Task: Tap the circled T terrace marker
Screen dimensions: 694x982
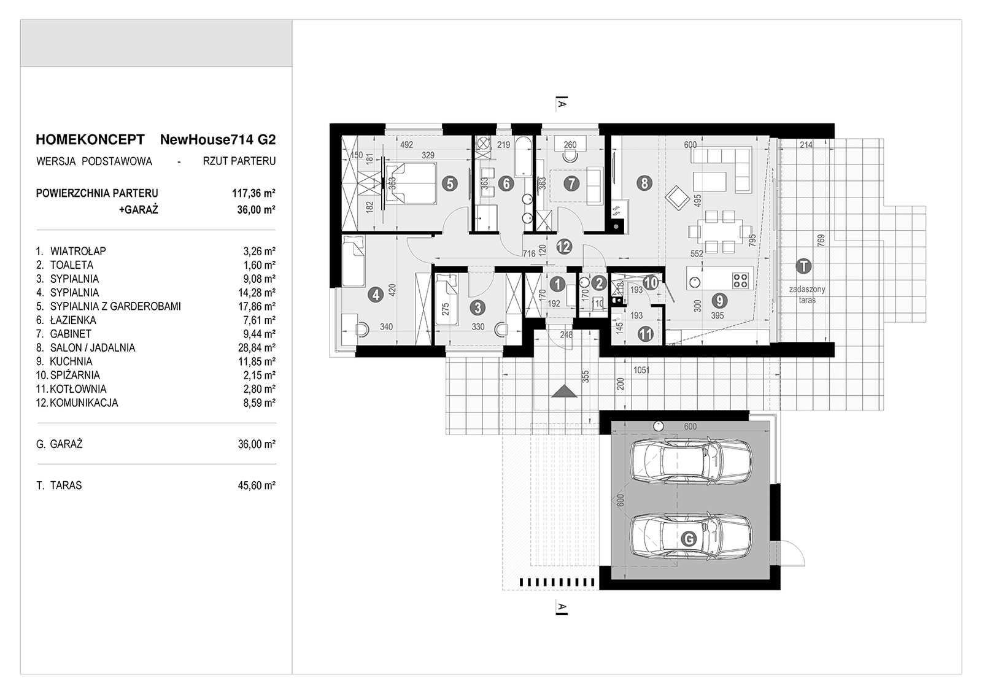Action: pos(802,266)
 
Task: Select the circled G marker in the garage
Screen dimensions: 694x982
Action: pos(689,539)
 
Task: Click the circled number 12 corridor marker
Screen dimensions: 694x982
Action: pos(564,247)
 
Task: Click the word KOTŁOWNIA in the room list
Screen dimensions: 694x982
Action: pos(78,389)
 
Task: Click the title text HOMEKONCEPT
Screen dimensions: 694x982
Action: pos(90,139)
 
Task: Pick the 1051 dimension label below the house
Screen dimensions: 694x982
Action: pos(641,370)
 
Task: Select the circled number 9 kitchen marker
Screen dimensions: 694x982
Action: pos(719,301)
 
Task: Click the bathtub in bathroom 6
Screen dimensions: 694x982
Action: pos(523,158)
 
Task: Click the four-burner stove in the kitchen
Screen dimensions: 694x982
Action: pos(741,280)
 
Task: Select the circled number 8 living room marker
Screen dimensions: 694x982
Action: pos(643,183)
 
